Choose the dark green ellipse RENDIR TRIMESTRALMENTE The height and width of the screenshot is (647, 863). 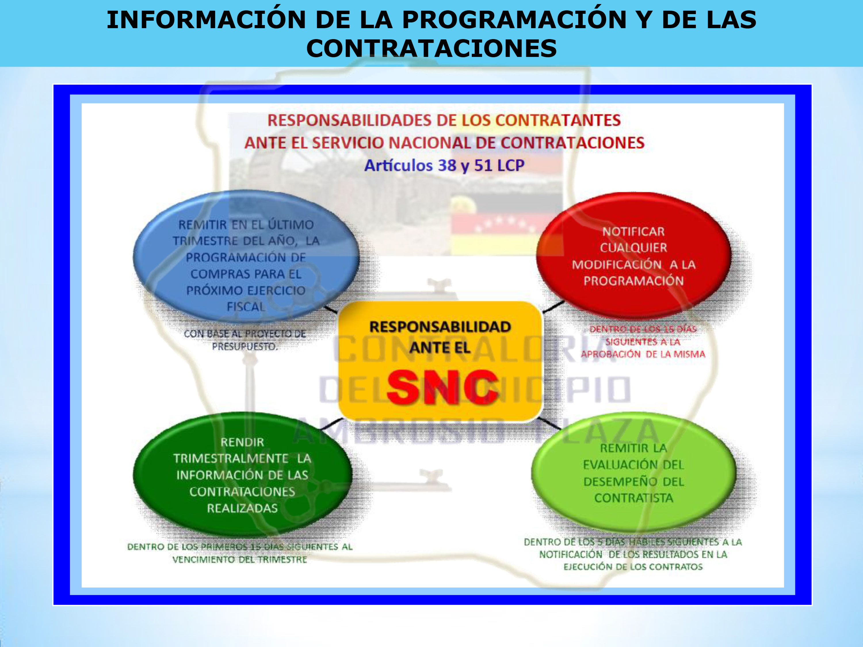pyautogui.click(x=242, y=474)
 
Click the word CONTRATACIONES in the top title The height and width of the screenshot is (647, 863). pyautogui.click(x=431, y=48)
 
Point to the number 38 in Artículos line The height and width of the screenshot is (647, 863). pyautogui.click(x=447, y=165)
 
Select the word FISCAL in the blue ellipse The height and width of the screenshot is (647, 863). pyautogui.click(x=246, y=307)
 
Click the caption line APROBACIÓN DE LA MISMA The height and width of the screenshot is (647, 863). pyautogui.click(x=643, y=354)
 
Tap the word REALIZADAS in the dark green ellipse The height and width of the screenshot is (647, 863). pyautogui.click(x=242, y=508)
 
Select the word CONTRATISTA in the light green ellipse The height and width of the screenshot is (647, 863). pyautogui.click(x=634, y=498)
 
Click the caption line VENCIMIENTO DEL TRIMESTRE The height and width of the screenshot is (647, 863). pyautogui.click(x=240, y=559)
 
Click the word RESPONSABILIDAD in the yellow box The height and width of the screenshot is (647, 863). pyautogui.click(x=440, y=327)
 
